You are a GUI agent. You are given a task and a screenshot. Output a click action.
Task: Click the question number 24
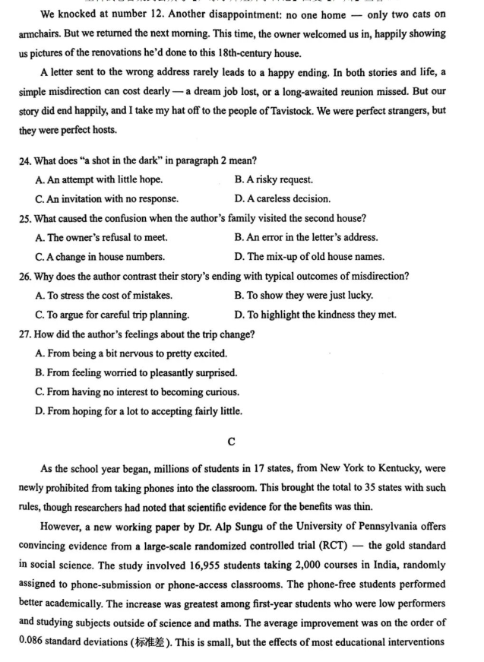pos(25,160)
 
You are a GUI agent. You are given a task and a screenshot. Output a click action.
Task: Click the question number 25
pos(25,218)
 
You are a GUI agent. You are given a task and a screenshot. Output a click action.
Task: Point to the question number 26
pos(25,276)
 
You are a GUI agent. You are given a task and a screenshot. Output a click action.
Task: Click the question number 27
pos(25,334)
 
